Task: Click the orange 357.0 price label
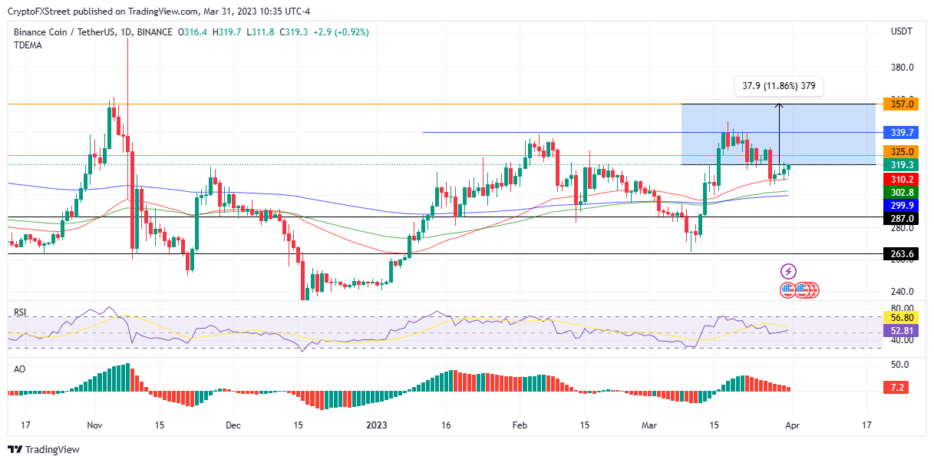pos(898,104)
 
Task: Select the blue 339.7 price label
pos(898,133)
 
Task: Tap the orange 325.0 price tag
pos(898,152)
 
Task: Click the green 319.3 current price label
pos(898,164)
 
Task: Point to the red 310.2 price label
pos(898,179)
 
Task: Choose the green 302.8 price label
pos(898,192)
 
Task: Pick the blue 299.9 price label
pos(898,205)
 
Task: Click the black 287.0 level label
pos(898,218)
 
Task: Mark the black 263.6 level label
pos(898,254)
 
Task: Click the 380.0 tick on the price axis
pos(901,68)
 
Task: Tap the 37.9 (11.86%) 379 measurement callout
pos(778,86)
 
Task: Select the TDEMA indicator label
pos(28,45)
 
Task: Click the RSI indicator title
pos(21,313)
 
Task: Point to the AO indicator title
pos(20,369)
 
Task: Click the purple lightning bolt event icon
pos(788,271)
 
